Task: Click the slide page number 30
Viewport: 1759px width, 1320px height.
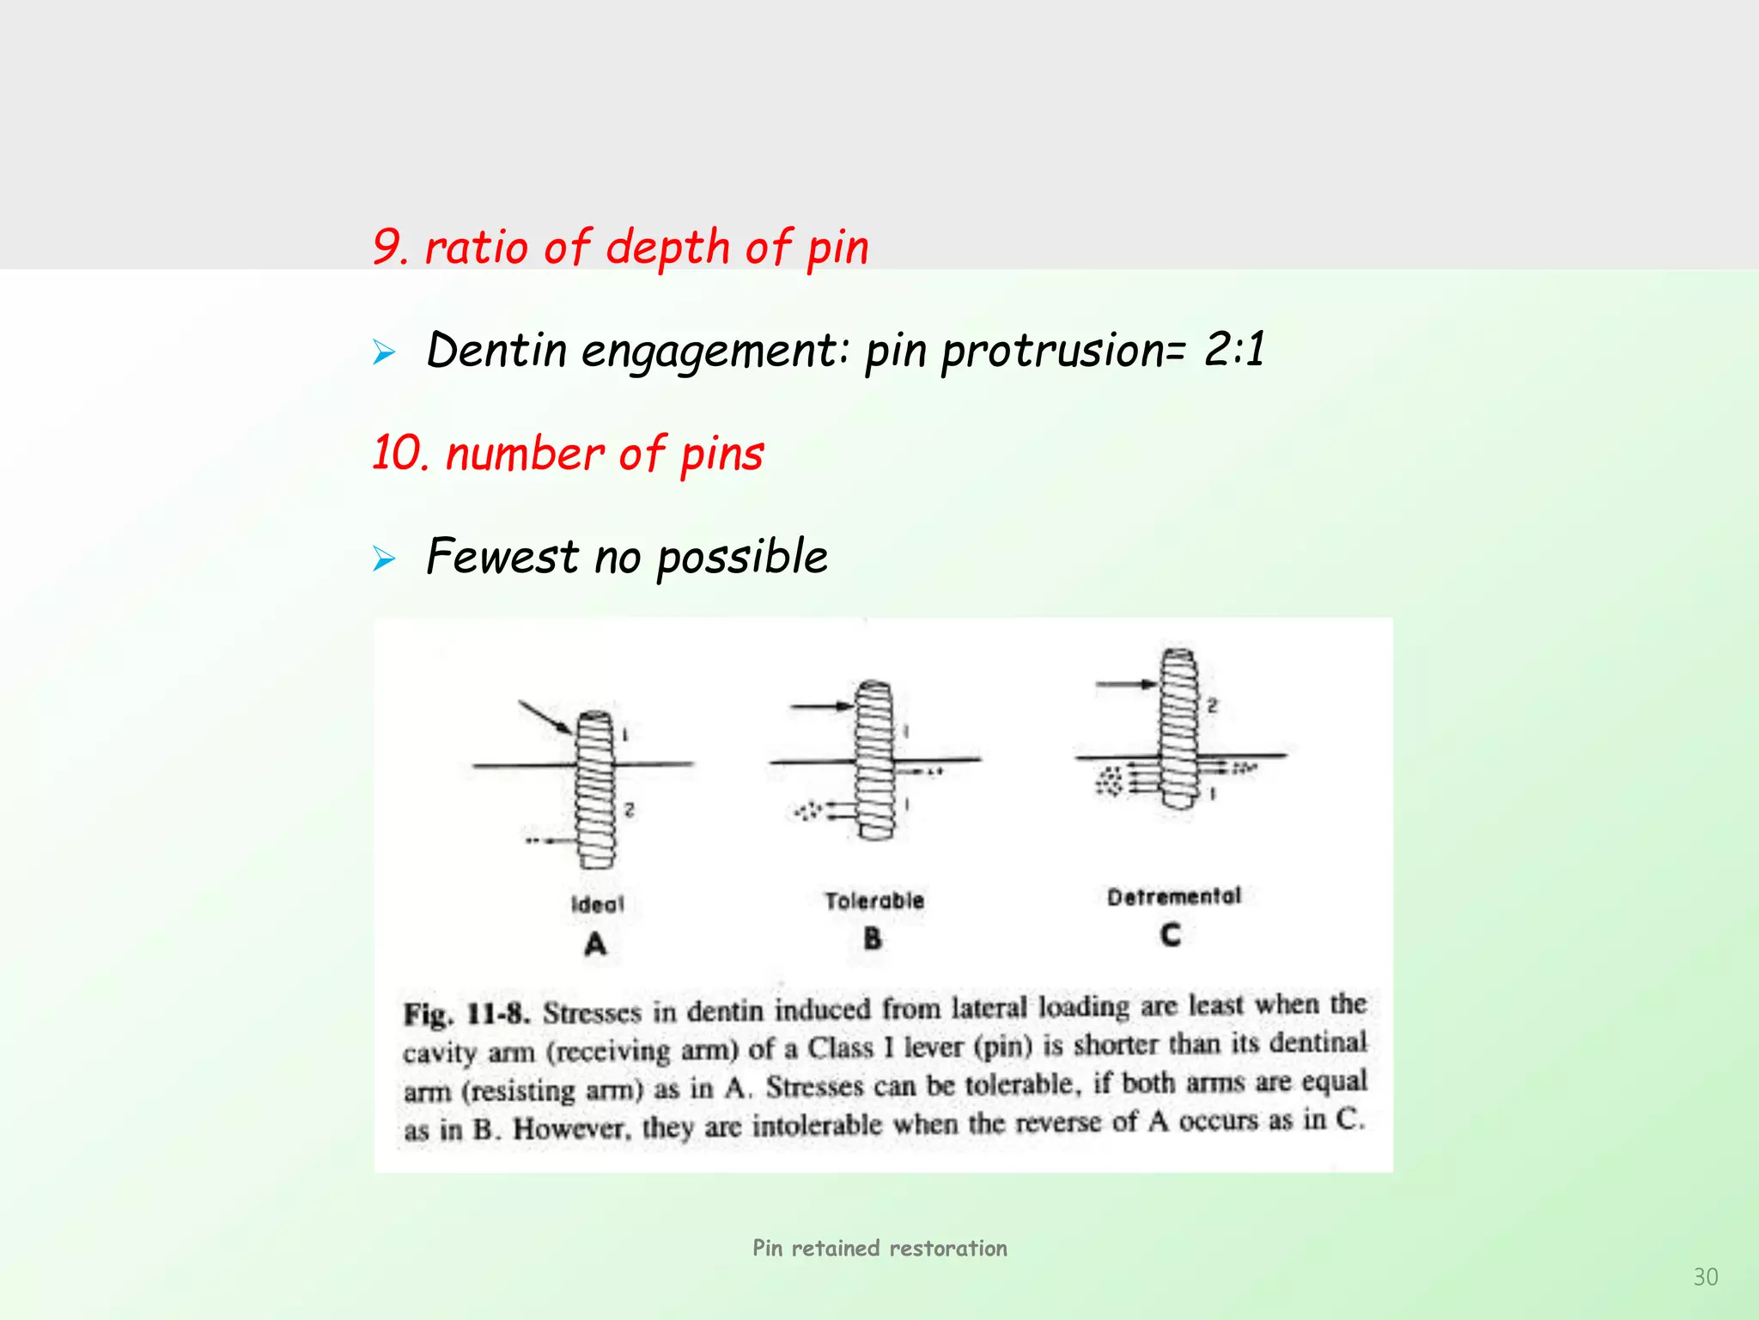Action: pos(1705,1277)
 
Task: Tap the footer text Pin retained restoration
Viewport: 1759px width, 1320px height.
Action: pos(879,1248)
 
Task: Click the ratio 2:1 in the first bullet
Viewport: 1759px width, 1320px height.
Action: pos(1234,350)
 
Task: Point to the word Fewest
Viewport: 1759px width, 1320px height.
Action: pos(502,556)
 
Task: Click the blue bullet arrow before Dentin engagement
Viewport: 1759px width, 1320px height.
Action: pos(384,352)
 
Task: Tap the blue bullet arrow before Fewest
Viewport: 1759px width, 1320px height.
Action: pos(384,559)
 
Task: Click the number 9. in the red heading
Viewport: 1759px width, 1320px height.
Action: pos(391,247)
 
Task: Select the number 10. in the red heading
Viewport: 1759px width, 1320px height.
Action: pos(400,453)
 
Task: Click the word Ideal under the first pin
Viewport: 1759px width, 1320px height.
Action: pos(598,904)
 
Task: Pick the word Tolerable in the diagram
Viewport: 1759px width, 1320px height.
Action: pos(874,901)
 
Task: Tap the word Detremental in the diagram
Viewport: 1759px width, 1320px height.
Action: pos(1173,896)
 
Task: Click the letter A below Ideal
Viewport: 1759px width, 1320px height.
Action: pos(595,944)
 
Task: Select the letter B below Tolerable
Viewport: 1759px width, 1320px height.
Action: pos(873,938)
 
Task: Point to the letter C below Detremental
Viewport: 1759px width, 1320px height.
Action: pos(1171,934)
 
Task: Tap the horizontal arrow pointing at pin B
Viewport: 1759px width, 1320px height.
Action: pos(821,706)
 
